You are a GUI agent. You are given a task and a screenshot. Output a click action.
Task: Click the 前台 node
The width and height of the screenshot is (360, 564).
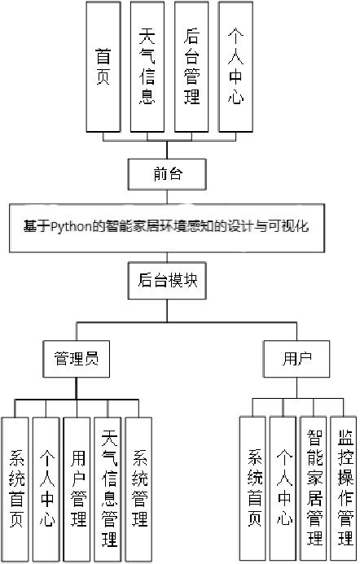coord(169,173)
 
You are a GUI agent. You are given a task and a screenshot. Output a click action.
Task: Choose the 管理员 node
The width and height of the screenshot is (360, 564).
coord(76,357)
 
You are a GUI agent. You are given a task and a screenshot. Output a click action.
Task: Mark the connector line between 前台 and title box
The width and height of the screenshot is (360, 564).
coord(169,195)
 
